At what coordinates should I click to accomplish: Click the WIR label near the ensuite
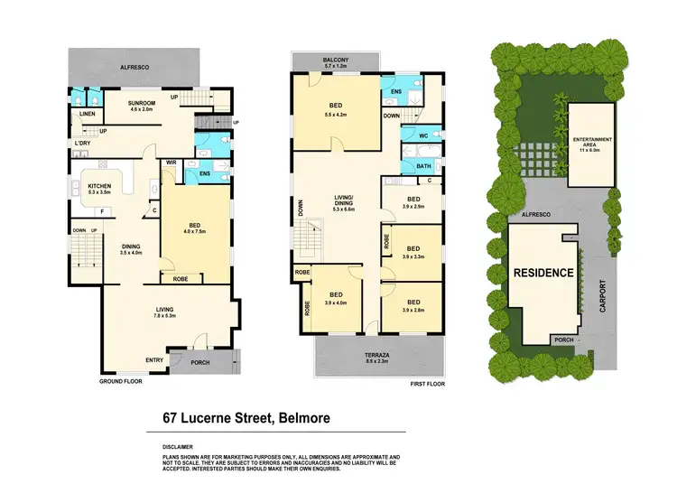tap(170, 162)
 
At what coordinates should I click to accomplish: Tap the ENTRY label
tap(154, 359)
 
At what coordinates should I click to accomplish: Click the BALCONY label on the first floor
tap(334, 60)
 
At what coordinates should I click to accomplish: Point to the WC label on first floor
tap(422, 136)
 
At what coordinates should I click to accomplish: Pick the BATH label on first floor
tap(423, 166)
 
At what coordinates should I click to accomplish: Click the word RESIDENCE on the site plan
tap(543, 273)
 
